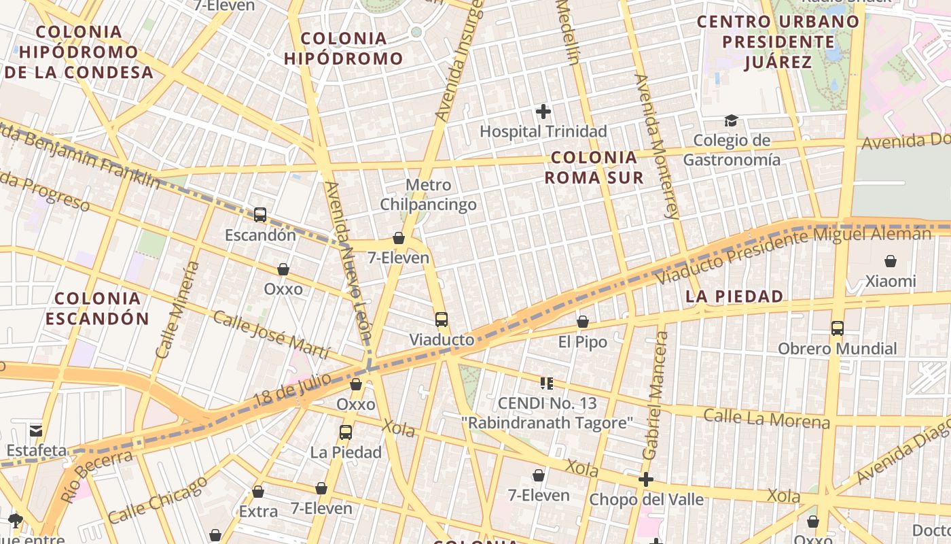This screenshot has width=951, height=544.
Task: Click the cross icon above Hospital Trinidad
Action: click(543, 112)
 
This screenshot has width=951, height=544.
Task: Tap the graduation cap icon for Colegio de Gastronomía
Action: click(731, 121)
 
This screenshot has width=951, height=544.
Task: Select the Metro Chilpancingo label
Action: click(428, 194)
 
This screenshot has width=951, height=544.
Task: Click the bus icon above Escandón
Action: click(259, 215)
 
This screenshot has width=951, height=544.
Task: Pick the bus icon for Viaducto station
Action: click(442, 319)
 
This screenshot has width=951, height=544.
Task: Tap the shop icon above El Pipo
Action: click(582, 322)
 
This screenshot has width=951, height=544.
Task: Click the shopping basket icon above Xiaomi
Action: click(890, 261)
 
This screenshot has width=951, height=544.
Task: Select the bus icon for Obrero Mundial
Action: click(837, 328)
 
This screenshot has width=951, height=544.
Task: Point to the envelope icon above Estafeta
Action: click(36, 430)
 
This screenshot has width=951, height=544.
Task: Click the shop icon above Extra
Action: click(258, 492)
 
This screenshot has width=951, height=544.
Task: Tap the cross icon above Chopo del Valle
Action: click(645, 479)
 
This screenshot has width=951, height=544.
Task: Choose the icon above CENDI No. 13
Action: click(546, 384)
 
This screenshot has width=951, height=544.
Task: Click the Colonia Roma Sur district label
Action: click(594, 167)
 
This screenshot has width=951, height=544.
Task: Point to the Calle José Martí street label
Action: click(271, 335)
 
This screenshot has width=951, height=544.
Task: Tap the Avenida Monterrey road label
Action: click(656, 146)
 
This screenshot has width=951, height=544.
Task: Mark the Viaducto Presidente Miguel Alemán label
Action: click(794, 255)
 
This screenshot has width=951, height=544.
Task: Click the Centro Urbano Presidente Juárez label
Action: click(778, 41)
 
